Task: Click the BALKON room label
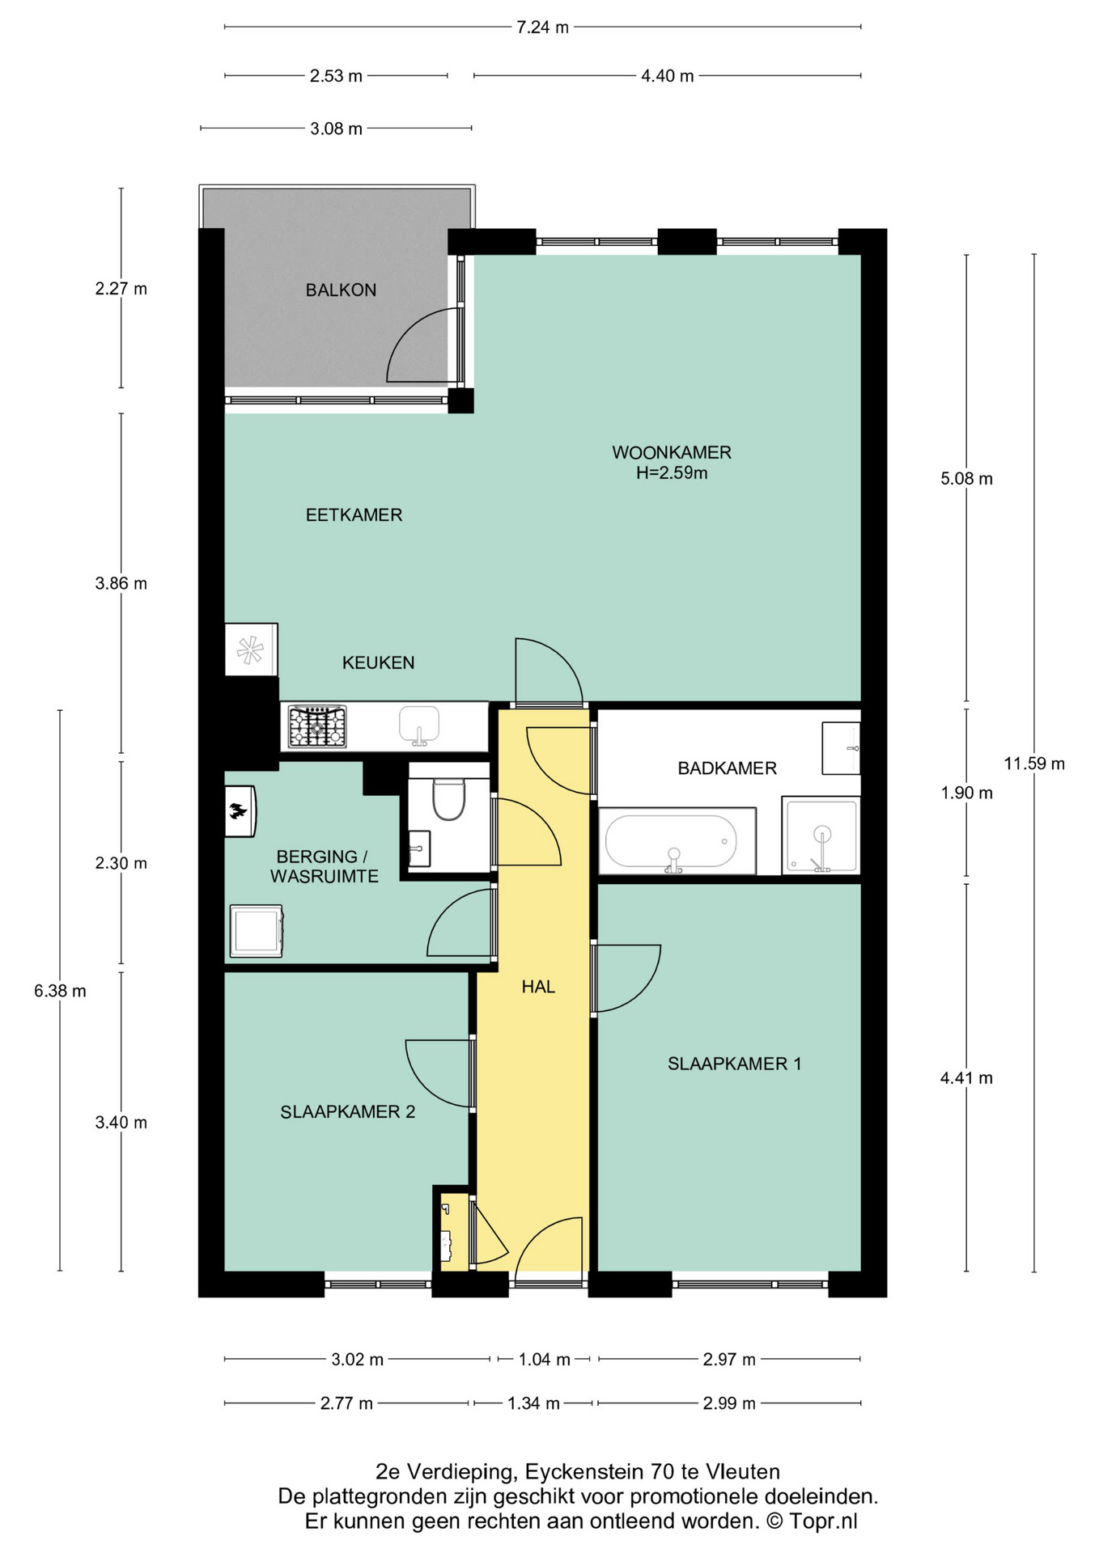[341, 290]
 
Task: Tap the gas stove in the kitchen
[317, 726]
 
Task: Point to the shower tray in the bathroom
[821, 836]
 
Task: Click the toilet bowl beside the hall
[448, 798]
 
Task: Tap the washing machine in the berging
[257, 931]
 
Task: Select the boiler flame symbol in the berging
[238, 810]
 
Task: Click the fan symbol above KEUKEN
[250, 650]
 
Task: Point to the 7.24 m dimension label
[542, 28]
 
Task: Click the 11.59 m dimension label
[1034, 764]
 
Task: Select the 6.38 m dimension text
[60, 991]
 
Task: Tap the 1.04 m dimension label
[544, 1359]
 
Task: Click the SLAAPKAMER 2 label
[348, 1112]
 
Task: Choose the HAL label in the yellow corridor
[538, 987]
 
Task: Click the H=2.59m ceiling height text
[672, 473]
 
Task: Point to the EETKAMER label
[354, 515]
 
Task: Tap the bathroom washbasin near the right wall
[841, 748]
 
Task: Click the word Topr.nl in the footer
[823, 1521]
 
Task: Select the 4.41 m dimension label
[966, 1078]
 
